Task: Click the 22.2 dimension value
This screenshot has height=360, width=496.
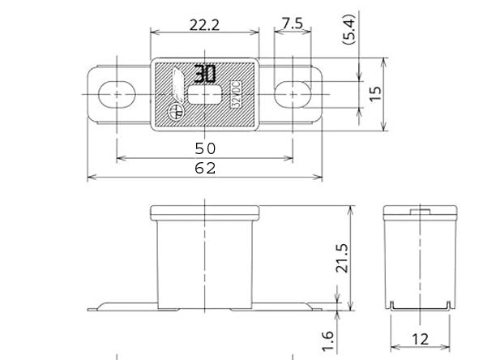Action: [x=204, y=24]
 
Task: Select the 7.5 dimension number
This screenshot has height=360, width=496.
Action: [x=293, y=24]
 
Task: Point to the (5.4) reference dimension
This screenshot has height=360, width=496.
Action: [x=349, y=29]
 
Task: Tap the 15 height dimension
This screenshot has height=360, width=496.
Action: [x=375, y=94]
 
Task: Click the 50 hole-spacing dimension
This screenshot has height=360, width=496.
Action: [x=205, y=148]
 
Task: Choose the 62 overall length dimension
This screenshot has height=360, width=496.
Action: [x=205, y=168]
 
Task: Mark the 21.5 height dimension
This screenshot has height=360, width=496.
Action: [x=342, y=258]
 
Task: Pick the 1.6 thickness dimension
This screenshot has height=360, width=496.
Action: [x=328, y=341]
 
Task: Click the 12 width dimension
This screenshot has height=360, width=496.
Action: [x=420, y=340]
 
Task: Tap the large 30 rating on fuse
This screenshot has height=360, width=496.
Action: [x=205, y=74]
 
